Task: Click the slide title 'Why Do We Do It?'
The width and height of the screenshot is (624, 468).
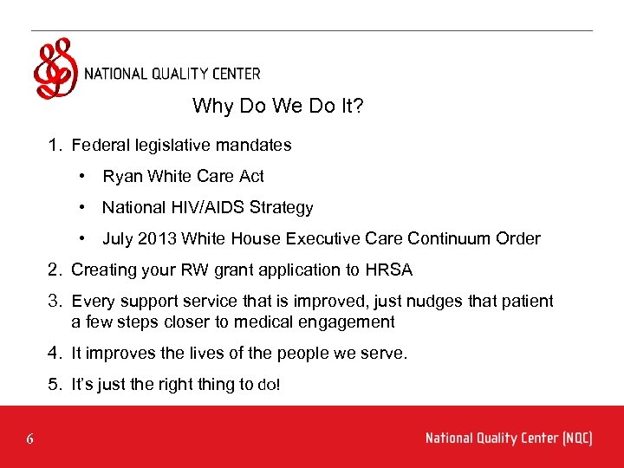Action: point(277,107)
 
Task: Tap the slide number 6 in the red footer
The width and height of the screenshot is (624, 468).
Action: point(29,439)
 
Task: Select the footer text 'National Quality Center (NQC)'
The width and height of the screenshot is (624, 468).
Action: point(509,439)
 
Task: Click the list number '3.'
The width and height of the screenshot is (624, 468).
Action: point(55,302)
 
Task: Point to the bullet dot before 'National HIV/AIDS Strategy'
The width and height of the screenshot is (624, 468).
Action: point(81,208)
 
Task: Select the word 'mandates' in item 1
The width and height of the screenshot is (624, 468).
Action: point(254,146)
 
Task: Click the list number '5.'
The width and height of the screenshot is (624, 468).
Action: point(55,385)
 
